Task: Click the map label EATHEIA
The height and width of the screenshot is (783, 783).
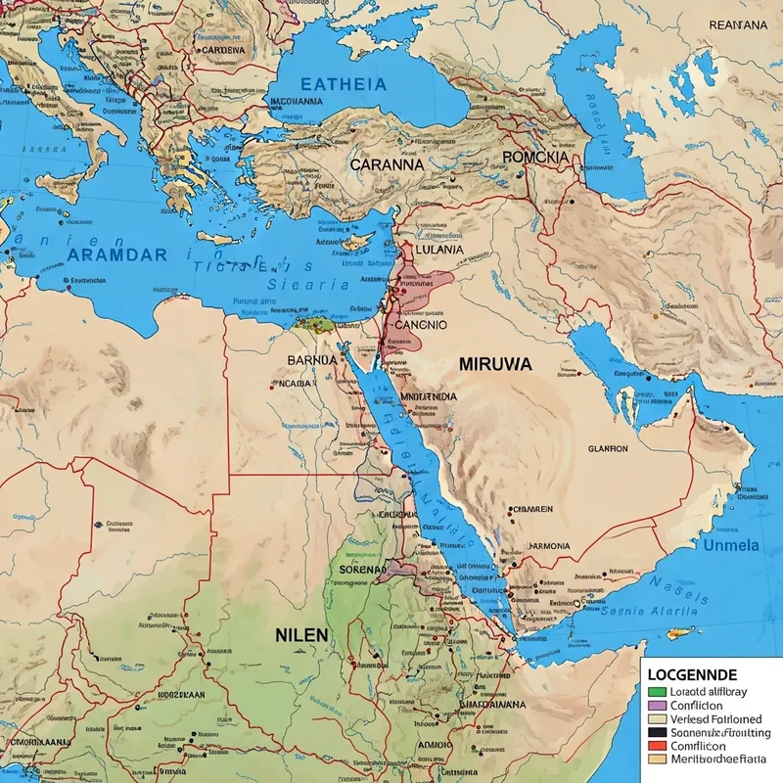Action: tap(343, 84)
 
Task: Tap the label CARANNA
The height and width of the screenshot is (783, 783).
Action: tap(387, 164)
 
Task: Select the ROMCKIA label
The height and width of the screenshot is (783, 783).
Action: tap(533, 157)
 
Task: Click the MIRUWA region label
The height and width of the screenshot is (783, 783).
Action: tap(495, 363)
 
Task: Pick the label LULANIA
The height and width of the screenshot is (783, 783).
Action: tap(440, 249)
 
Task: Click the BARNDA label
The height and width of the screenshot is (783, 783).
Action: tap(312, 360)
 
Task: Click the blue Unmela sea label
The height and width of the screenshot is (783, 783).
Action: tap(731, 545)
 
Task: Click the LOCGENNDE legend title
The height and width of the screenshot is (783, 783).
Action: tap(693, 675)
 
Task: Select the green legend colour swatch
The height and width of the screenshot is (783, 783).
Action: tap(657, 692)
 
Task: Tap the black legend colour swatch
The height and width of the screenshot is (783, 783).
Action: tap(657, 731)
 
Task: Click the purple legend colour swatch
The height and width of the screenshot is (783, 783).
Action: tap(657, 705)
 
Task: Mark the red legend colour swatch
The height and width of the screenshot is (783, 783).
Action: tap(657, 744)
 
